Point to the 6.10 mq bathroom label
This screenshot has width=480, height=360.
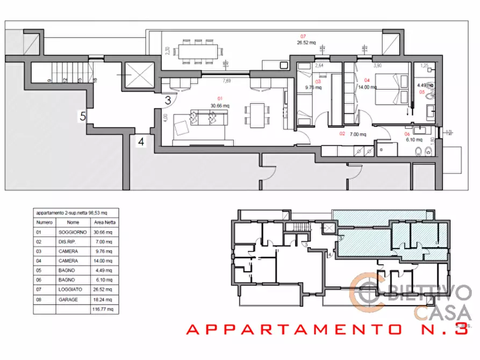pyautogui.click(x=413, y=139)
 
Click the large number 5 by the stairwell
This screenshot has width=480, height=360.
pyautogui.click(x=82, y=116)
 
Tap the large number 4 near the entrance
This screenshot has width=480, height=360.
pyautogui.click(x=141, y=142)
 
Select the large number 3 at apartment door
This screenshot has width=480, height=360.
pyautogui.click(x=168, y=100)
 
